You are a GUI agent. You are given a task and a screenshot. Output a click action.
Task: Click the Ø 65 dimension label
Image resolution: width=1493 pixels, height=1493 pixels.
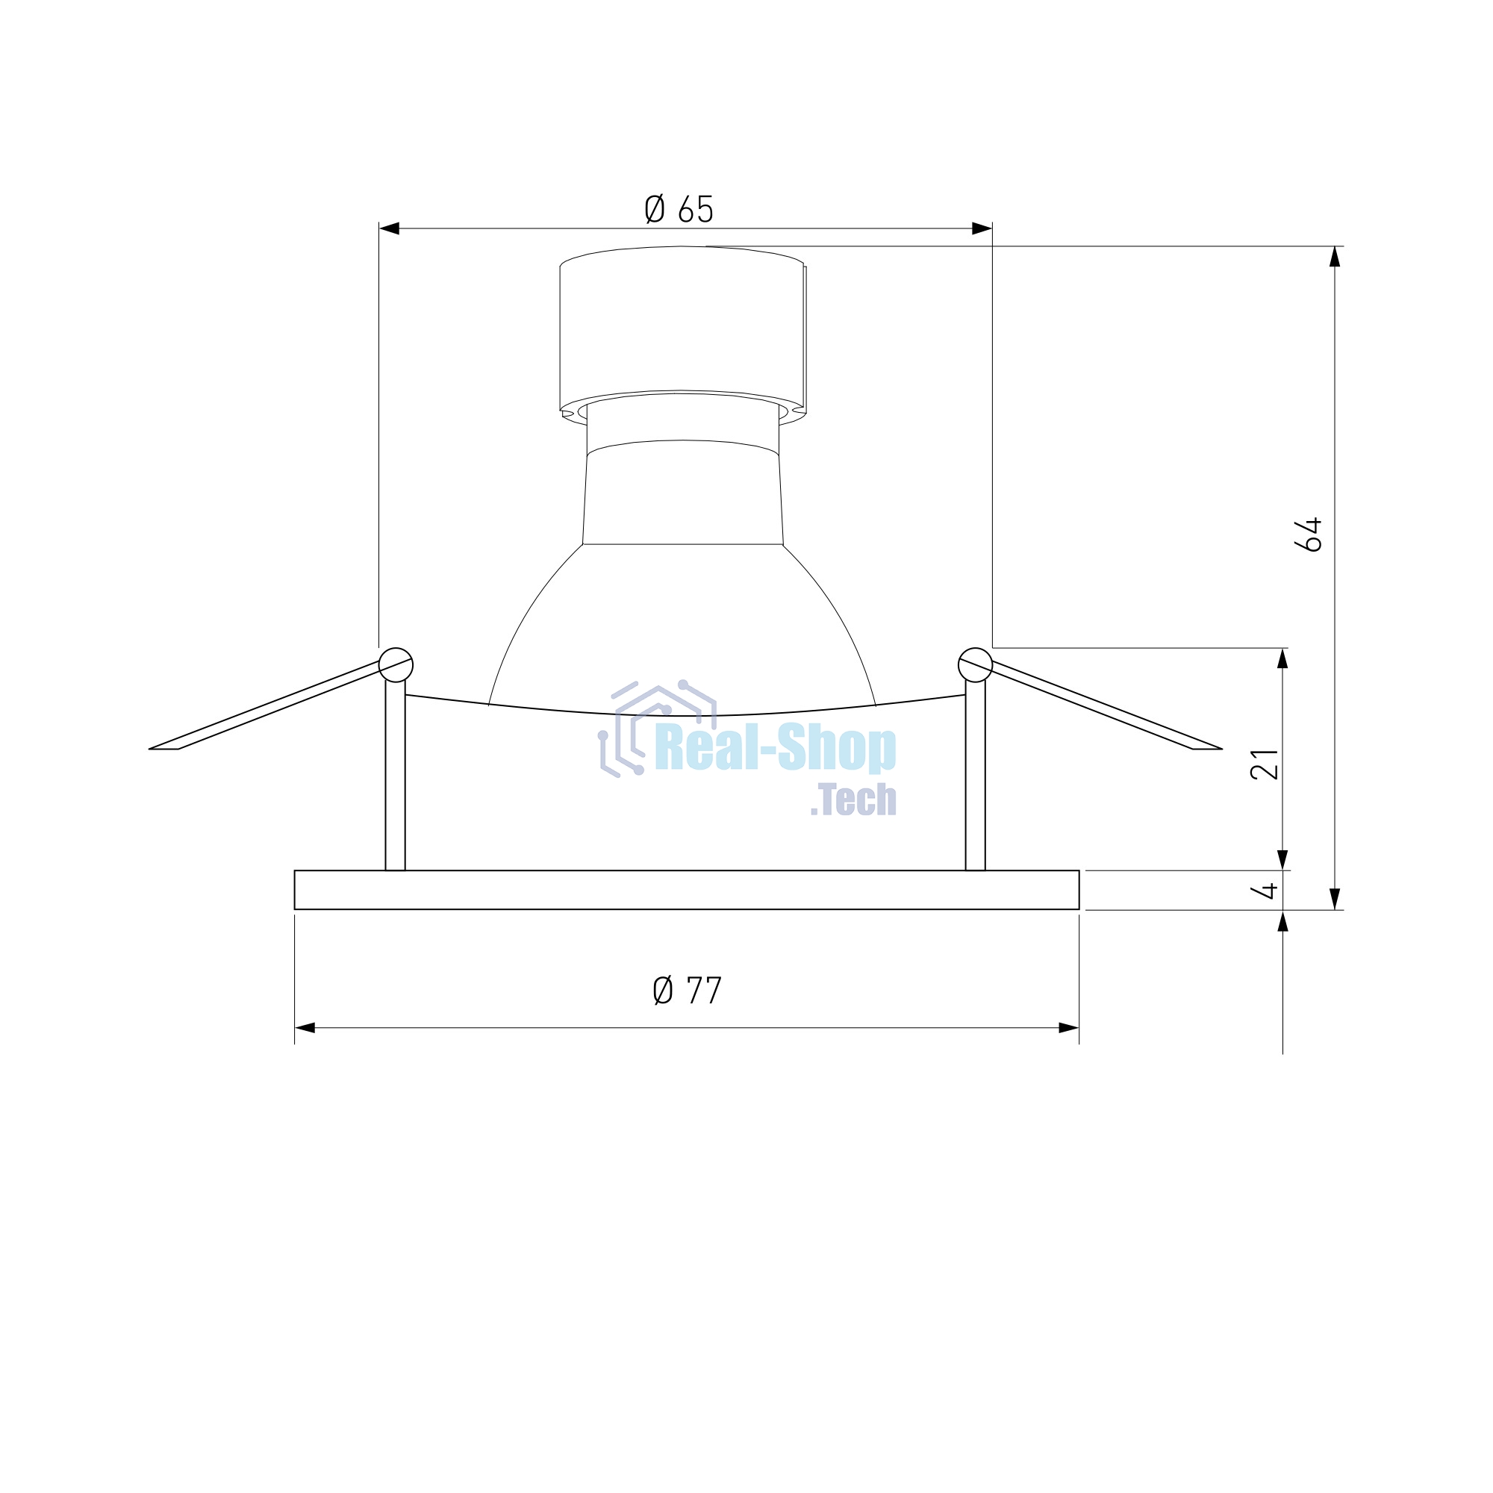tap(679, 209)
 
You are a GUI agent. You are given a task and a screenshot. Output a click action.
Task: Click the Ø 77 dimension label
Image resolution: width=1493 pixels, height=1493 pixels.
tap(687, 991)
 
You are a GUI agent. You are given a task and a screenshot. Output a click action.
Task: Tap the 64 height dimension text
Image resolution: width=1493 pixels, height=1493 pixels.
tap(1309, 534)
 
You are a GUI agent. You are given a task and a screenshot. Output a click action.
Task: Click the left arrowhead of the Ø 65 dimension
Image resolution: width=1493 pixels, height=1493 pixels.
tap(389, 228)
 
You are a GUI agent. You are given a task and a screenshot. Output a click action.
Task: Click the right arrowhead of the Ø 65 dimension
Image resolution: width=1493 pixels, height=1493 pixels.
tap(982, 228)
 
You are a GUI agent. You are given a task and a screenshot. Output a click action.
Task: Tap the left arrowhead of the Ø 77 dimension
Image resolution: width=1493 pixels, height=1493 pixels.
tap(305, 1028)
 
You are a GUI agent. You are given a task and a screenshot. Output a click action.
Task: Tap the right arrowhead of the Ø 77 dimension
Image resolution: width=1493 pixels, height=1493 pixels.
tap(1069, 1028)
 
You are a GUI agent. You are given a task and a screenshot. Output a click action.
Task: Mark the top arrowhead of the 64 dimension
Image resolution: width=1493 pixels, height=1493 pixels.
tap(1335, 257)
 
